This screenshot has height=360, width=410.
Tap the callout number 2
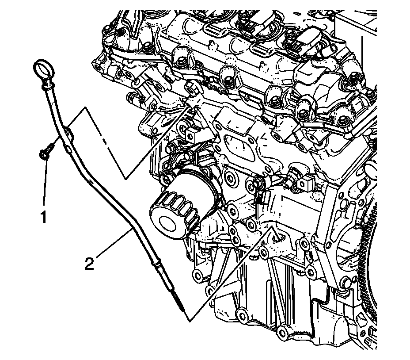[x=90, y=264]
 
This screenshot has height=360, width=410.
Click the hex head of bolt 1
[x=44, y=152]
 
